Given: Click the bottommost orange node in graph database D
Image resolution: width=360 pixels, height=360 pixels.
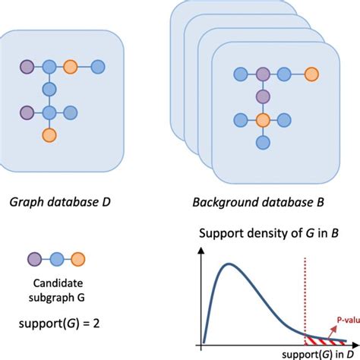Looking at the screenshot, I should coord(49,135).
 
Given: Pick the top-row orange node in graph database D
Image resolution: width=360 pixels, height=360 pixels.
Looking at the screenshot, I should coord(71,66).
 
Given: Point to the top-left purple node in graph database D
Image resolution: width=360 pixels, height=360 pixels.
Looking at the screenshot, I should coord(27,66).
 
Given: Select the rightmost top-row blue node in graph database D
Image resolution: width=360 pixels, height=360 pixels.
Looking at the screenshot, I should coord(98,66).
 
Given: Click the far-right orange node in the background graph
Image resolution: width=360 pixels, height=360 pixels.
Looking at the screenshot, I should coord(310,74).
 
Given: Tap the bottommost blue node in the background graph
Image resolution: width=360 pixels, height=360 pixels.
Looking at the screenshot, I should coord(263,143).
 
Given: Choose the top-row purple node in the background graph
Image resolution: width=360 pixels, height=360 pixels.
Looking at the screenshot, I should coord(263,74).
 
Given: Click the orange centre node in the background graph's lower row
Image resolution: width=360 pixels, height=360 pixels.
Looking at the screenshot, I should coord(263,119).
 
